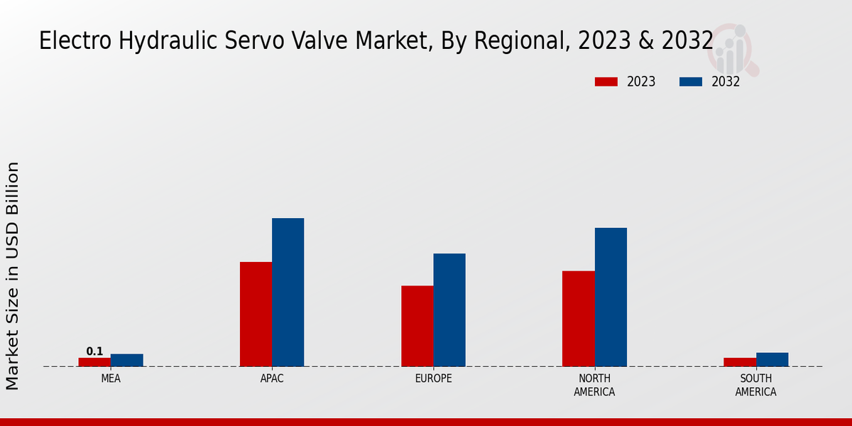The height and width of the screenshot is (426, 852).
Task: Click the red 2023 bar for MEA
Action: pos(94,362)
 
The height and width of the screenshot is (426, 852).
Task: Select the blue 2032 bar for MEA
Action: pos(126,360)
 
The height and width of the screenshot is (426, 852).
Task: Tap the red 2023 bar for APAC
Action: pos(256,314)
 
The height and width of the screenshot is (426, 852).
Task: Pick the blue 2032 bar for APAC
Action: pos(288,292)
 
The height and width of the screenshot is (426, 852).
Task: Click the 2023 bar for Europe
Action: pos(417,326)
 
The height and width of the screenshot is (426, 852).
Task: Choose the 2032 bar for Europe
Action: pos(449,310)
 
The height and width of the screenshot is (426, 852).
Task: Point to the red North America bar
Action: pos(578,318)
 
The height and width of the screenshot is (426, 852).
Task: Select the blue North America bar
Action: pos(611,297)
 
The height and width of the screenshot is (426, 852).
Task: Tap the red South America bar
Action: pos(739,362)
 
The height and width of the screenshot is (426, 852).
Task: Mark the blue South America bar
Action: pos(772,359)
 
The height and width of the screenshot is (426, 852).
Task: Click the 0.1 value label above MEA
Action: pos(94,351)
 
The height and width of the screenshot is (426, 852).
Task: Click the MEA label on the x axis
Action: pos(111,378)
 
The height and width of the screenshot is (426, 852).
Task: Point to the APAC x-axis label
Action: pos(272,378)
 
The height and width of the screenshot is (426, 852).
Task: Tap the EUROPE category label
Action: pos(433,378)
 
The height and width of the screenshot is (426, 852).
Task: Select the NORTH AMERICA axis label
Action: pos(594,385)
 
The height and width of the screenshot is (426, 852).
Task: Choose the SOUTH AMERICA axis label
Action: pos(755,385)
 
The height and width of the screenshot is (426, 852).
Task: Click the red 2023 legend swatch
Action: pos(606,82)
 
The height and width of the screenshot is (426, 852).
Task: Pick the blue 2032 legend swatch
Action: pos(690,82)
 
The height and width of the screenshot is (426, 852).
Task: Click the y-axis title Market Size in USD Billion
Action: pos(13,275)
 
